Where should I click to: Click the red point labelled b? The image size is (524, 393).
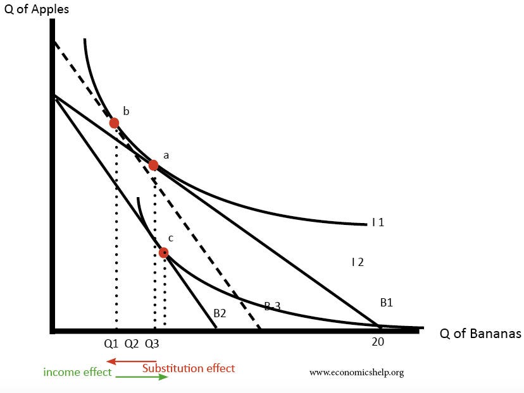coord(114,123)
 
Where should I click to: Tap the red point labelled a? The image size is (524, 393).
coord(153,165)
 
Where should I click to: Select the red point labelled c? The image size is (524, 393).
coord(164,252)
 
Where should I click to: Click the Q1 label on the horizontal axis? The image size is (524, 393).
coord(111,344)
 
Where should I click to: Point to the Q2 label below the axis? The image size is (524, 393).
coord(132,344)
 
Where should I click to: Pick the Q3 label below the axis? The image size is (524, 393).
coord(152,344)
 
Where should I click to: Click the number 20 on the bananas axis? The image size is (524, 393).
coord(378,342)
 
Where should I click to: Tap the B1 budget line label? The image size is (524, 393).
coord(387,303)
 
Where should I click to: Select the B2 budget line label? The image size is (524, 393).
coord(220,312)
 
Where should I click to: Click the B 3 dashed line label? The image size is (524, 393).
coord(272,306)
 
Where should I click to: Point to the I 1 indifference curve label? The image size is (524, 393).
coord(378,222)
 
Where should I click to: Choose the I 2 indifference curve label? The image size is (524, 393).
coord(358,262)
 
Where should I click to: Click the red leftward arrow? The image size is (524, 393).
coord(131,362)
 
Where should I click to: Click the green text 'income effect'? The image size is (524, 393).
coord(77,372)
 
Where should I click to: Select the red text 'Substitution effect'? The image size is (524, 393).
coord(189,368)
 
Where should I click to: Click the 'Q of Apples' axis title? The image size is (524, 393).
coord(36,9)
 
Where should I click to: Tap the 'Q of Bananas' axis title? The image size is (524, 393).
coord(480,334)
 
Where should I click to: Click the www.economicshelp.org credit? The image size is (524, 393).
coord(356,372)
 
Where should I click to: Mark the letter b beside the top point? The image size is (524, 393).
coord(126,111)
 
